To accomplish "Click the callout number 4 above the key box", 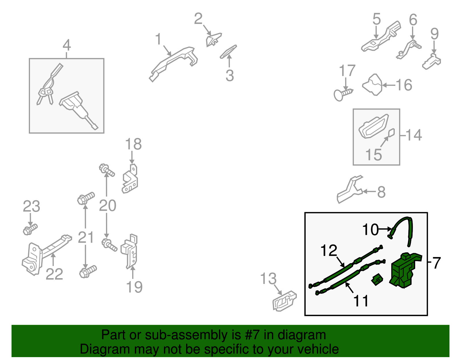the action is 67,45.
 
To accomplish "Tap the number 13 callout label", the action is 268,278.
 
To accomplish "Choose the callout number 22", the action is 54,274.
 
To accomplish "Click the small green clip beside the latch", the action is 377,280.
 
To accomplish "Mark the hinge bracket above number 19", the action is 129,252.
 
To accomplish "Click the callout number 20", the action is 107,205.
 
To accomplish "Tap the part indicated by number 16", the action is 372,85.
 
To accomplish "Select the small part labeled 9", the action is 431,61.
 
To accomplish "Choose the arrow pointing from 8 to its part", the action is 369,192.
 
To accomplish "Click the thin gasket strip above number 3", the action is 228,52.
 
